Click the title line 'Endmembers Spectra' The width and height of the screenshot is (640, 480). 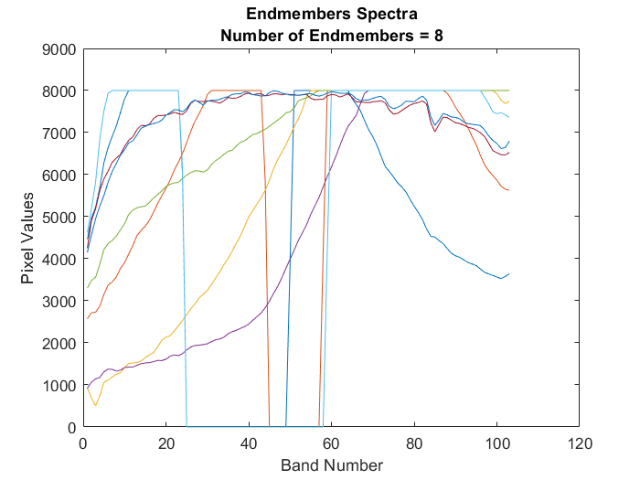tap(331, 16)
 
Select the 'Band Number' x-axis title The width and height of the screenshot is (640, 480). tap(331, 465)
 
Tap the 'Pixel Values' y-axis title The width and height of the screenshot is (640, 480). tap(28, 238)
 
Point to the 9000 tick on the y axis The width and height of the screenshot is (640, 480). tap(59, 49)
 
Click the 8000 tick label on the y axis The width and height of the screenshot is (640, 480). tap(59, 91)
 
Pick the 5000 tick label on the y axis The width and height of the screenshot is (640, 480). tap(59, 217)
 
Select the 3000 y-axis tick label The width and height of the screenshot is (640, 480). tap(59, 301)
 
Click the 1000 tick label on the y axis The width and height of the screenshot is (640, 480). tap(59, 385)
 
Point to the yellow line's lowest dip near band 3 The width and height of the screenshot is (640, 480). tap(95, 405)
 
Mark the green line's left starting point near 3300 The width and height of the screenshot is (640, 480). tap(87, 288)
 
